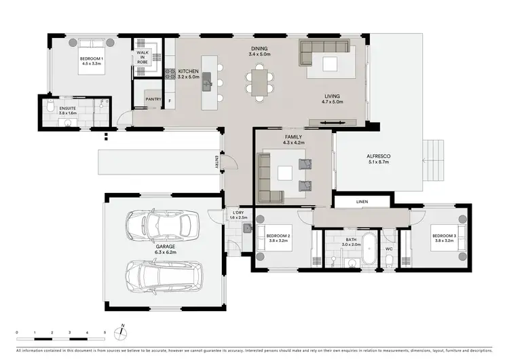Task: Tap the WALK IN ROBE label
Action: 143,57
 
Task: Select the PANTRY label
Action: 153,100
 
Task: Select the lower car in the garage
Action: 162,275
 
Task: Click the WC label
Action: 390,249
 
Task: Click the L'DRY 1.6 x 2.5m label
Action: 238,215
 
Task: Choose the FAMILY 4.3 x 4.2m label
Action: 293,140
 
